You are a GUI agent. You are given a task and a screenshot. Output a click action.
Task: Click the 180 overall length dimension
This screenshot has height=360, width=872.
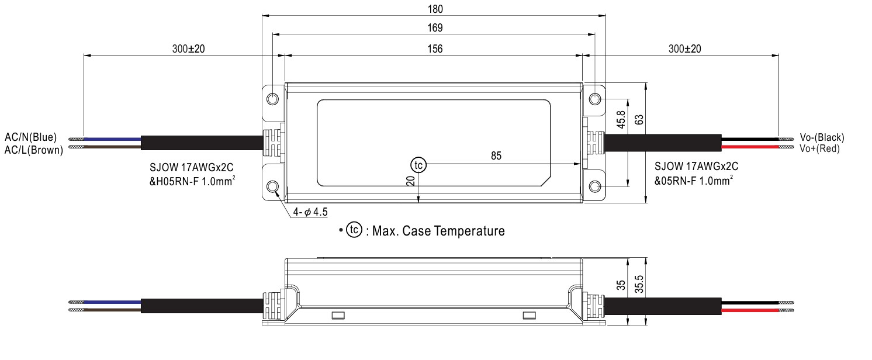click(x=434, y=9)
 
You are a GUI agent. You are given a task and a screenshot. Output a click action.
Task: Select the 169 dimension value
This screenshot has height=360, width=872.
click(x=434, y=28)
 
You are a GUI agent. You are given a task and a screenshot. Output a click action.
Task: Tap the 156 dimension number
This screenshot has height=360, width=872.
click(x=434, y=49)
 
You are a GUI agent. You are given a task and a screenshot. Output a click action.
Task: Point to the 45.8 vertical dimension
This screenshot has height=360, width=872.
click(x=621, y=120)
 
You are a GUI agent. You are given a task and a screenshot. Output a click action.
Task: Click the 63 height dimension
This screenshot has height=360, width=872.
click(x=639, y=120)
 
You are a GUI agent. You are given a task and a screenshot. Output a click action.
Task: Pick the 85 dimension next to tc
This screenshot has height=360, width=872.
click(x=496, y=156)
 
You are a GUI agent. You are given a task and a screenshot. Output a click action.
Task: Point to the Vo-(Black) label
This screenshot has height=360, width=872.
click(x=822, y=137)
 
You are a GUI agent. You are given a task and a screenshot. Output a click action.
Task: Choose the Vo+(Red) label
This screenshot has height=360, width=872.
click(x=819, y=148)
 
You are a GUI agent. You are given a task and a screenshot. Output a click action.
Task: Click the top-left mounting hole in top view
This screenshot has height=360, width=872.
click(x=272, y=99)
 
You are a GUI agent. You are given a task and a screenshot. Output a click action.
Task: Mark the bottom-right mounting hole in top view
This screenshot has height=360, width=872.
click(x=594, y=186)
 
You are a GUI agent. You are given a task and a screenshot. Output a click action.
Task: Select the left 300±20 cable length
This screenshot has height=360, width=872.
click(x=188, y=49)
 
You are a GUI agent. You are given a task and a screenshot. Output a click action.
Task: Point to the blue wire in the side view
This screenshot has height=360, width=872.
click(x=112, y=302)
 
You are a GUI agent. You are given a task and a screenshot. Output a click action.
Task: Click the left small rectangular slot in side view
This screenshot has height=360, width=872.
click(x=338, y=316)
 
